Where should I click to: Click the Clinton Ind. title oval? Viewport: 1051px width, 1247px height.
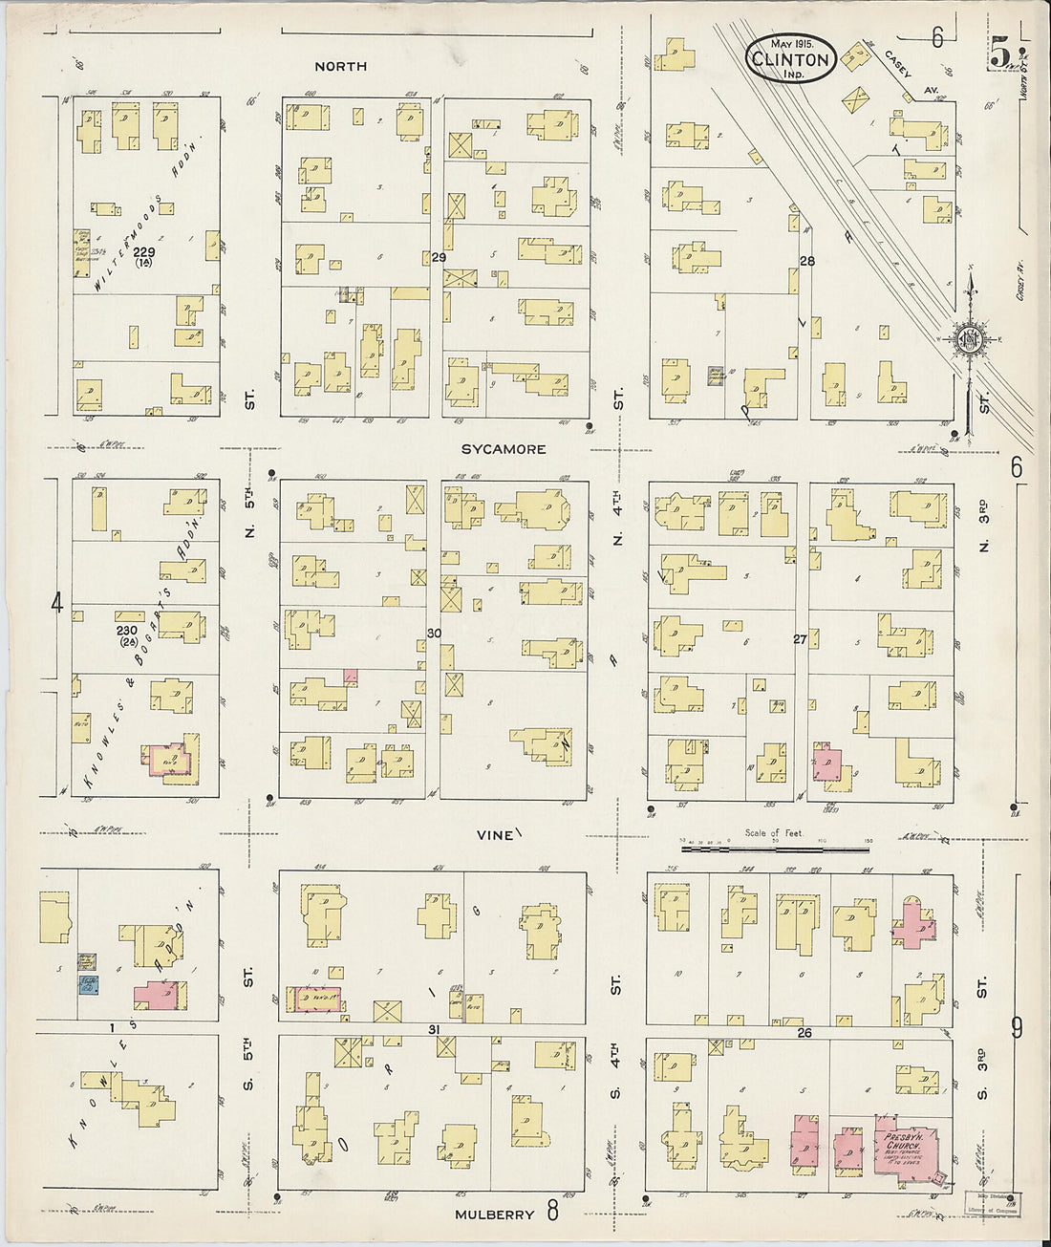tap(792, 59)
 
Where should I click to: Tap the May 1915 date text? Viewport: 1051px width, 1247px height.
tap(792, 44)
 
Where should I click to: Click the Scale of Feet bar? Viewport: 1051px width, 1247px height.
tap(776, 846)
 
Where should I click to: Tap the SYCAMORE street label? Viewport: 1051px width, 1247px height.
tap(504, 449)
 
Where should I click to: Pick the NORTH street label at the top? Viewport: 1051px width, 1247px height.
tap(341, 67)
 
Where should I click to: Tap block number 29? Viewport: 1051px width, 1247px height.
tap(439, 259)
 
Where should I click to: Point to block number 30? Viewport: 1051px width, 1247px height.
tap(434, 634)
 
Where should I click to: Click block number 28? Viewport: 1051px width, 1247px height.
tap(807, 261)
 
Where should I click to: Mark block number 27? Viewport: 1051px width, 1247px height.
tap(800, 639)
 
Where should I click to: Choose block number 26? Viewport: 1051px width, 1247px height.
tap(804, 1033)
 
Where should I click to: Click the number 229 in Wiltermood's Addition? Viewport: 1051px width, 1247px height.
tap(144, 252)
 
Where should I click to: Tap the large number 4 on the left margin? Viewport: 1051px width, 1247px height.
tap(56, 604)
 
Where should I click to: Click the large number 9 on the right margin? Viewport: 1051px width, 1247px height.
tap(1017, 1028)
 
